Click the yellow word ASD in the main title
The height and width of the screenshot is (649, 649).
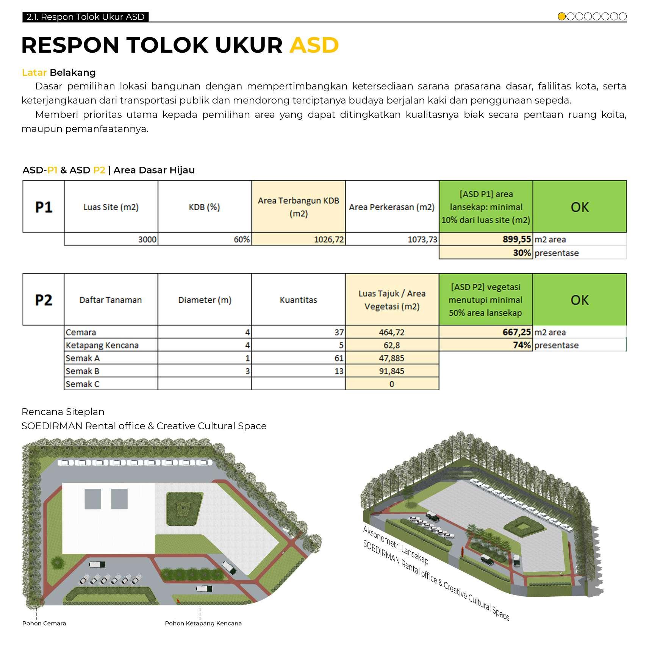(x=314, y=45)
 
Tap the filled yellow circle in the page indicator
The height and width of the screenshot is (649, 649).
(x=561, y=16)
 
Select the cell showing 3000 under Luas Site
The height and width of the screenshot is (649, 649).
(x=147, y=239)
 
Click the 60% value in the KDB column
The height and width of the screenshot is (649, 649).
(x=242, y=239)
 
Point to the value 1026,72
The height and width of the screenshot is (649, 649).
(x=328, y=239)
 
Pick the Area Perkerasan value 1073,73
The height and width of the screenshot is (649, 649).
(x=422, y=239)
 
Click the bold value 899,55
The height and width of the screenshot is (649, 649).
(x=516, y=239)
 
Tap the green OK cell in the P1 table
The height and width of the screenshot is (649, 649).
(x=579, y=207)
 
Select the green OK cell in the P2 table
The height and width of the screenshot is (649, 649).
(x=579, y=300)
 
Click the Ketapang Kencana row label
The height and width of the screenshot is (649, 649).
(x=102, y=345)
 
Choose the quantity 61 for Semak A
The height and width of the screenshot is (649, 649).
(x=339, y=358)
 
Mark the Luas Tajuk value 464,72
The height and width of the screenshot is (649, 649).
(x=392, y=332)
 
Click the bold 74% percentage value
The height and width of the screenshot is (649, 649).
(x=522, y=345)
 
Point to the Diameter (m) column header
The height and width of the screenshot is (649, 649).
(x=205, y=300)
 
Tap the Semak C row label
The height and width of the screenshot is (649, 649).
(x=83, y=384)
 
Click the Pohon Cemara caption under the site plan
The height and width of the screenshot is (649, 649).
(x=44, y=623)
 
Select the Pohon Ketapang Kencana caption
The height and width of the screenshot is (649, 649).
(x=203, y=623)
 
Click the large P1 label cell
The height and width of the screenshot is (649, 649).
(x=44, y=207)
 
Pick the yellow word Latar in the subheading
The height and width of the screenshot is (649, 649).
(x=34, y=72)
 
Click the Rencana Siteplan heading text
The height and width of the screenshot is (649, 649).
(x=63, y=412)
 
